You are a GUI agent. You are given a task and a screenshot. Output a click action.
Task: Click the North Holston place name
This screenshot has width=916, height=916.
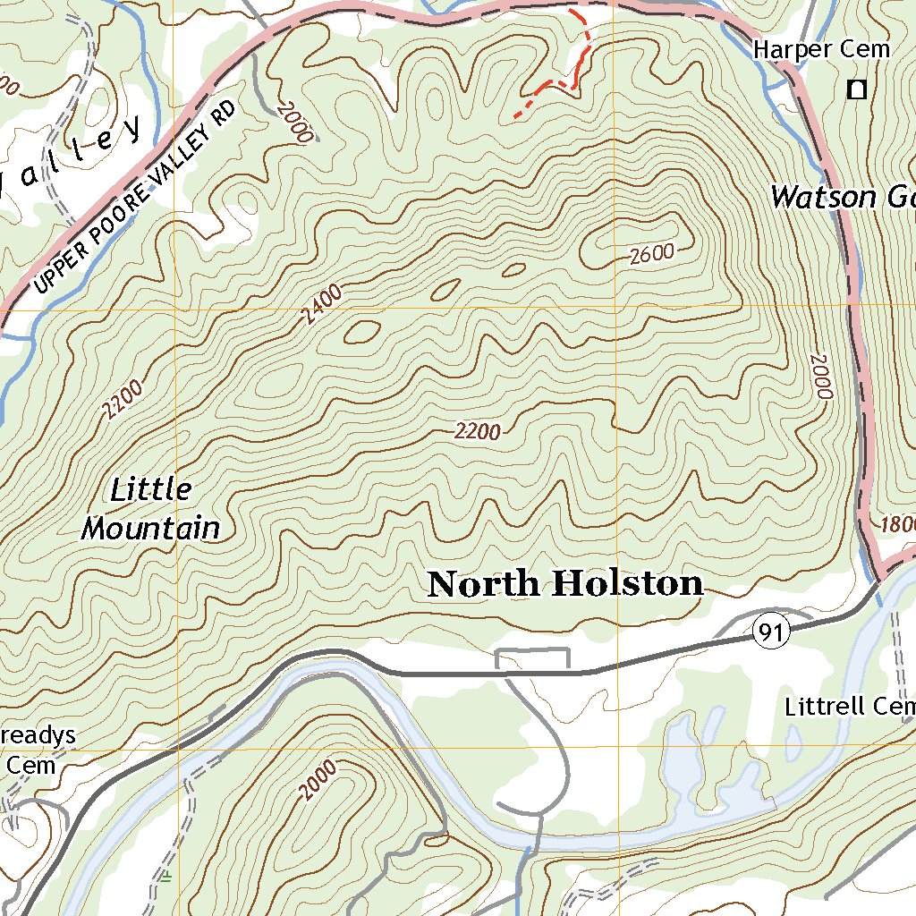pyautogui.click(x=565, y=584)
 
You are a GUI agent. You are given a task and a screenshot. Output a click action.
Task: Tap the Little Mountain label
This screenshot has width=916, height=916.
pyautogui.click(x=150, y=510)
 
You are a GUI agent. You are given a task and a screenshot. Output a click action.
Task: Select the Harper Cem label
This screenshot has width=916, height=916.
pyautogui.click(x=821, y=49)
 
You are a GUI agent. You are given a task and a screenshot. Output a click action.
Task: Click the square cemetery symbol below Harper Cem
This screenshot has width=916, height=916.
pyautogui.click(x=857, y=89)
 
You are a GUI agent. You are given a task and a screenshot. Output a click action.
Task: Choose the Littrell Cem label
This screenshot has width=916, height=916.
pyautogui.click(x=848, y=707)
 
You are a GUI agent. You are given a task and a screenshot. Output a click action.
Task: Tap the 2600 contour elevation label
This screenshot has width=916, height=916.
pyautogui.click(x=650, y=254)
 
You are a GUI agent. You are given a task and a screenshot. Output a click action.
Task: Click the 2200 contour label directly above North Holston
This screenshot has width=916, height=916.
pyautogui.click(x=477, y=432)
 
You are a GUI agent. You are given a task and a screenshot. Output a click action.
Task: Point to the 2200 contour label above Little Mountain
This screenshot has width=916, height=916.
pyautogui.click(x=122, y=400)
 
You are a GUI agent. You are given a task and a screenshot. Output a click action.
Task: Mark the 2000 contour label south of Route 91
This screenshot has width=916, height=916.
pyautogui.click(x=318, y=780)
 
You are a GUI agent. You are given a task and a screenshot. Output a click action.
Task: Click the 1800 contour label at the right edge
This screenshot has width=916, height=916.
pyautogui.click(x=897, y=524)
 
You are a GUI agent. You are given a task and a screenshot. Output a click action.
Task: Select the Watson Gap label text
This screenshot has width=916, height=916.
pyautogui.click(x=841, y=197)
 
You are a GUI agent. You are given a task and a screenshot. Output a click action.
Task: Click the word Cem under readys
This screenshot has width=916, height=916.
pyautogui.click(x=31, y=766)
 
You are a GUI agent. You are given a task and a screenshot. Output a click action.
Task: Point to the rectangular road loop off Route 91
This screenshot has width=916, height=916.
pyautogui.click(x=532, y=657)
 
